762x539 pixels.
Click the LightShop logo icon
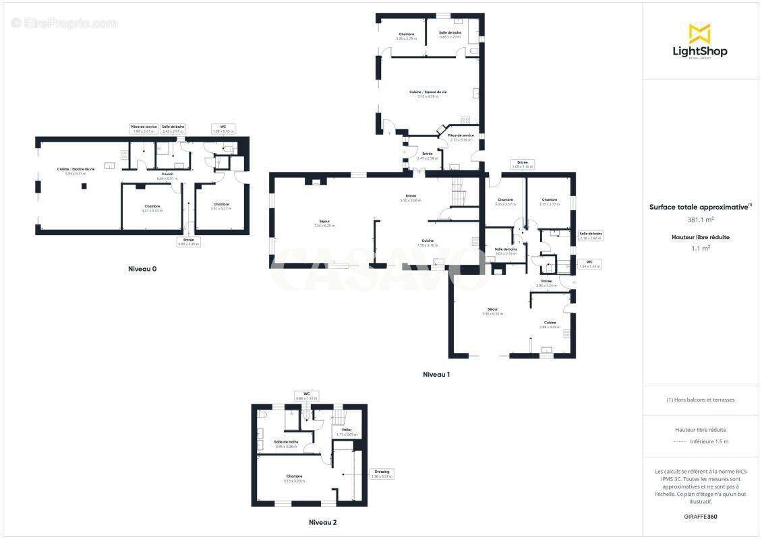click(699, 33)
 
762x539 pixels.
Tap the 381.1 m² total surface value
click(700, 219)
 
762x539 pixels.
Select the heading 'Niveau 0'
click(142, 269)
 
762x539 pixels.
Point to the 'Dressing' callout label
click(381, 474)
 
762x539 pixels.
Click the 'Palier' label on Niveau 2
click(347, 432)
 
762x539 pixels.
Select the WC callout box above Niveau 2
click(306, 395)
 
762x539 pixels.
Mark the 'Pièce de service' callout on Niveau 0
click(144, 129)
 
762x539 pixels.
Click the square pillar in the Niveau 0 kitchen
click(84, 185)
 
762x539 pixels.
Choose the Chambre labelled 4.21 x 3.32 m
click(152, 208)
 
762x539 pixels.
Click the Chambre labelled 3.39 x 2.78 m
click(406, 36)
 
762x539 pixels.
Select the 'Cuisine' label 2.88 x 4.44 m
click(550, 325)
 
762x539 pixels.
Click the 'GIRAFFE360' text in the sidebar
click(699, 516)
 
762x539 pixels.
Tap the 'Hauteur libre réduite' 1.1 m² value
click(700, 248)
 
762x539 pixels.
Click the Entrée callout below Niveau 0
click(188, 241)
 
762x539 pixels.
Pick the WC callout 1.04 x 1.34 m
click(589, 264)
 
